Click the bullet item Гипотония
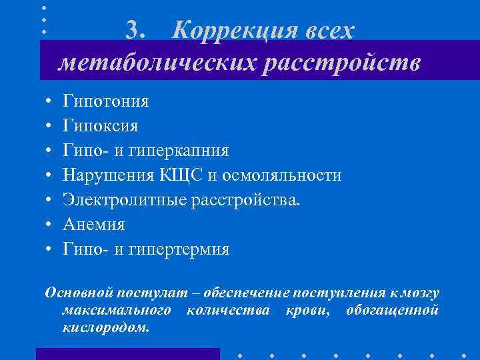(x=106, y=101)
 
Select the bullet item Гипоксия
(x=101, y=126)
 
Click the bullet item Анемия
(x=94, y=225)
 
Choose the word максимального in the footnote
(x=117, y=311)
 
